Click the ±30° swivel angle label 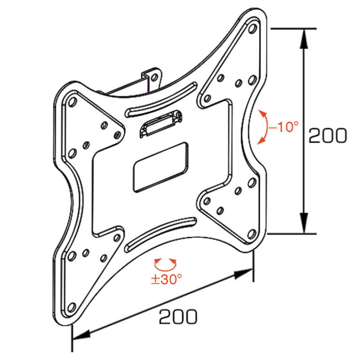point(166,279)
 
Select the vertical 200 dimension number point(328,135)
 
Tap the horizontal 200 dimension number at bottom point(178,317)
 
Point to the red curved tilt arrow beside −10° point(262,127)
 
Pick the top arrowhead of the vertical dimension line point(304,39)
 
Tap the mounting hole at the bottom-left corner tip point(71,307)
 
